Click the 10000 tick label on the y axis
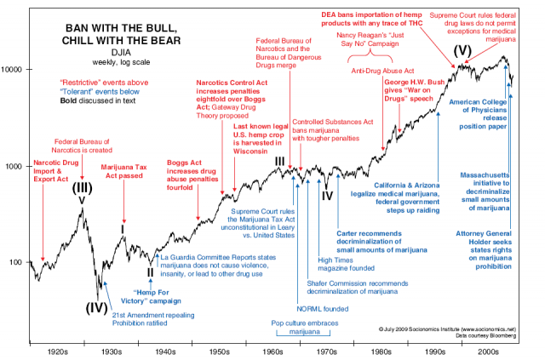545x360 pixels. pos(15,68)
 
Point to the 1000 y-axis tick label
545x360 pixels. pos(17,166)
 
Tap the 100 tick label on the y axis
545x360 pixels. pos(19,262)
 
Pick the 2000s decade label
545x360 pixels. pos(488,350)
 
